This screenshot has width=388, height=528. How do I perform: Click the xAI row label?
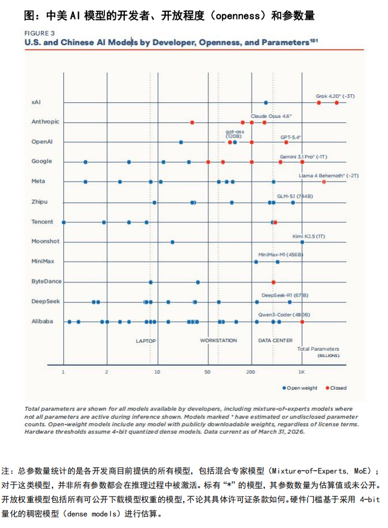[36, 102]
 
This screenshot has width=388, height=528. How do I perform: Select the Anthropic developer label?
[45, 122]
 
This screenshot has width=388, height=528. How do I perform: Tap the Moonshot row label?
[45, 241]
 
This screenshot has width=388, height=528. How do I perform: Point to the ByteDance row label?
[46, 281]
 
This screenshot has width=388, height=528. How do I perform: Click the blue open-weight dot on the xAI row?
[266, 103]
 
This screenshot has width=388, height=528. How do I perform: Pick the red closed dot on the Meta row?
[324, 182]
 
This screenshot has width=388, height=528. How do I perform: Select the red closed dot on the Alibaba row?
[302, 322]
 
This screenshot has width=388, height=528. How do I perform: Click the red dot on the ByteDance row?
[273, 282]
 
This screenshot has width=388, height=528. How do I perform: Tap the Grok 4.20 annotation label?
[335, 96]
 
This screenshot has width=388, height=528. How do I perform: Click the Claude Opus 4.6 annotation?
[271, 116]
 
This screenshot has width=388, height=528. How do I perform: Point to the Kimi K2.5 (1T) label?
[308, 237]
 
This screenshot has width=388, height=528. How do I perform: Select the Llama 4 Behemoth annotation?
[329, 176]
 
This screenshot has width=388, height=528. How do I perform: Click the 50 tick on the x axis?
[208, 372]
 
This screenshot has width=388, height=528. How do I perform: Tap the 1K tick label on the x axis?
[301, 372]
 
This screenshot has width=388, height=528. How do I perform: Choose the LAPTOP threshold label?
[145, 341]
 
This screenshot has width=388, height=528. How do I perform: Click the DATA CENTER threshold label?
[276, 341]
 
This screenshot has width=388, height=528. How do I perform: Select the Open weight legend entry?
[300, 388]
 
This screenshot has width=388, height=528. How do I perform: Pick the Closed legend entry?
[336, 388]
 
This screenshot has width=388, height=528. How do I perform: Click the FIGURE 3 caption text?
[39, 33]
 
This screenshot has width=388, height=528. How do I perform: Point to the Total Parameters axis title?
[318, 349]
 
